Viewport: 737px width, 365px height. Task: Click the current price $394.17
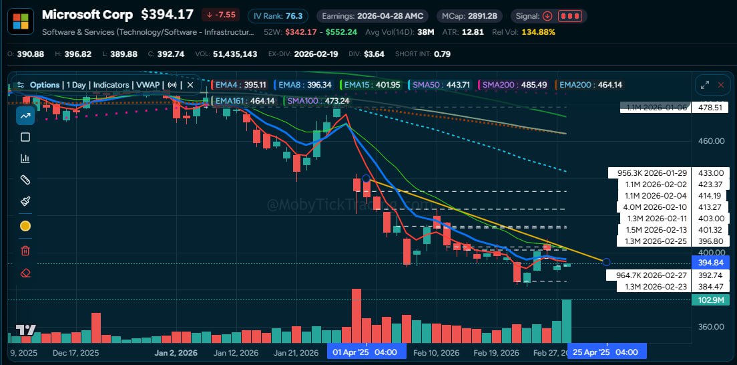click(x=165, y=15)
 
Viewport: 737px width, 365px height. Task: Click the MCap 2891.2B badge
click(x=470, y=15)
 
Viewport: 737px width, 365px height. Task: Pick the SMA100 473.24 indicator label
click(x=318, y=101)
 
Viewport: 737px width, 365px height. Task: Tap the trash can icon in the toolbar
click(x=25, y=251)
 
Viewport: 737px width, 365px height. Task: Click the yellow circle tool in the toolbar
click(x=25, y=226)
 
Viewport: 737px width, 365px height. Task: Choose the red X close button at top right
click(x=720, y=85)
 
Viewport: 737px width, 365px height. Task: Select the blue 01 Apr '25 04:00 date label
click(x=366, y=352)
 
